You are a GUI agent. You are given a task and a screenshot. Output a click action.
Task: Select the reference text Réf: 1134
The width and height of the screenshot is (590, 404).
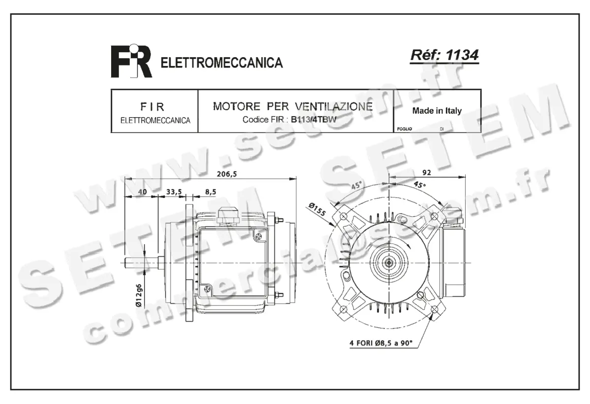[x=444, y=56]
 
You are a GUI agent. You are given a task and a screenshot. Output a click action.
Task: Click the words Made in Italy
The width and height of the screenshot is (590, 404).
[x=437, y=111]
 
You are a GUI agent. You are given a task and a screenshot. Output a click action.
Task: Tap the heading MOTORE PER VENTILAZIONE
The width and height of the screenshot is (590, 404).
[x=293, y=107]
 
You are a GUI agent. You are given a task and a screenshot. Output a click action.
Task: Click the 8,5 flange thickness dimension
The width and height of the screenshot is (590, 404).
[x=210, y=191]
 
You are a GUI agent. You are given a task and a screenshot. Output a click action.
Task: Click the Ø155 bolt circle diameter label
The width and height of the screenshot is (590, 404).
[x=319, y=210]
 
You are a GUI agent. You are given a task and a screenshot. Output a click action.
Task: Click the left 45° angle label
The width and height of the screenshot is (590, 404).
[x=356, y=186]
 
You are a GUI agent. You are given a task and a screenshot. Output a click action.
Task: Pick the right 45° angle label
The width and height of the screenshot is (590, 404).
[x=419, y=185]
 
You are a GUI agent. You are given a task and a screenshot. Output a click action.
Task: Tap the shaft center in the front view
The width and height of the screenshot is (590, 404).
[x=389, y=263]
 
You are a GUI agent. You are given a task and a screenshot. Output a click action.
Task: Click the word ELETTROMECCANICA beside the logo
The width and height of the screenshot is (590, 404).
[x=222, y=63]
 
